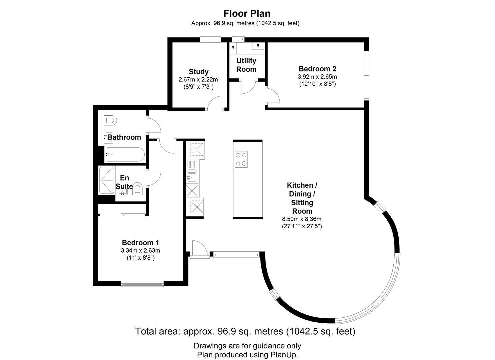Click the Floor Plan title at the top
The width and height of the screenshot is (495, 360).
[247, 13]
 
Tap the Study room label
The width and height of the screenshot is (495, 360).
[199, 72]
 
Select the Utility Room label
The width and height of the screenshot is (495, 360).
[246, 65]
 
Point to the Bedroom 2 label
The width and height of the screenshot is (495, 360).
[317, 69]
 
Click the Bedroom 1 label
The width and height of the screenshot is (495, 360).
[140, 243]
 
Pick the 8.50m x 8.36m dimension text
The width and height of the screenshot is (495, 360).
[302, 219]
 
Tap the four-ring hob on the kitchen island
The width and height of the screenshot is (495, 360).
[241, 159]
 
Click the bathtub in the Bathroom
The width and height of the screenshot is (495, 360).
[125, 155]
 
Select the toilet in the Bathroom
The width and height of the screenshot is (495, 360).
[110, 121]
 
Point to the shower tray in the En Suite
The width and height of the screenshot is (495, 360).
[107, 181]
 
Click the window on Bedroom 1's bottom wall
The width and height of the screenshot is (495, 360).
[142, 284]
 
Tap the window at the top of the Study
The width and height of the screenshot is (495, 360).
[210, 39]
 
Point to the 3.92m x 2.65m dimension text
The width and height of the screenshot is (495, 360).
[317, 77]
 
